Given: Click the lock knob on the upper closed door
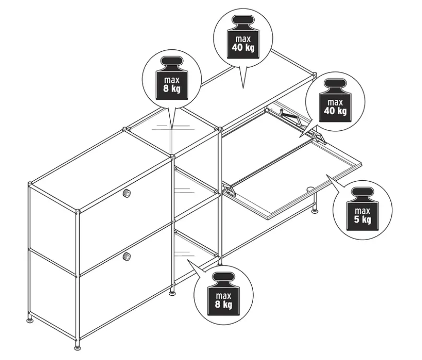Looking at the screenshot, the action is click(126, 193).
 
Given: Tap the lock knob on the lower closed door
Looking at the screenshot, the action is click(126, 256).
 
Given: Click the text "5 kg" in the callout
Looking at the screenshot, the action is click(363, 219).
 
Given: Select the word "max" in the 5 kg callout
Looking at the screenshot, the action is click(363, 210).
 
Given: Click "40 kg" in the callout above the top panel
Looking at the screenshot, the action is click(243, 47).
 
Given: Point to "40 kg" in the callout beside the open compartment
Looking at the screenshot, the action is click(335, 111).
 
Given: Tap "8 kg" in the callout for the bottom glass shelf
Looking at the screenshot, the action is click(223, 304).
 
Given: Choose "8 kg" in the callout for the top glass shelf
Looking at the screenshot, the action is click(172, 88).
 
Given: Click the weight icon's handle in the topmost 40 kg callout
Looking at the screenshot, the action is click(243, 20).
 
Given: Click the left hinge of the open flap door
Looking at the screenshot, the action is click(229, 189).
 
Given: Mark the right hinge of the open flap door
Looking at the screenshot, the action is click(319, 138).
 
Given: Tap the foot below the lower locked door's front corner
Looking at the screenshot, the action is click(78, 346).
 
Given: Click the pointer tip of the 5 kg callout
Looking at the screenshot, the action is click(327, 175).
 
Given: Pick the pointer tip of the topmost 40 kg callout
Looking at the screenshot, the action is click(243, 88).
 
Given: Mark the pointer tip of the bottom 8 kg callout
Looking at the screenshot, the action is click(188, 260).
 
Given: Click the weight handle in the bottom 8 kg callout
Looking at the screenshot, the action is click(223, 277).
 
